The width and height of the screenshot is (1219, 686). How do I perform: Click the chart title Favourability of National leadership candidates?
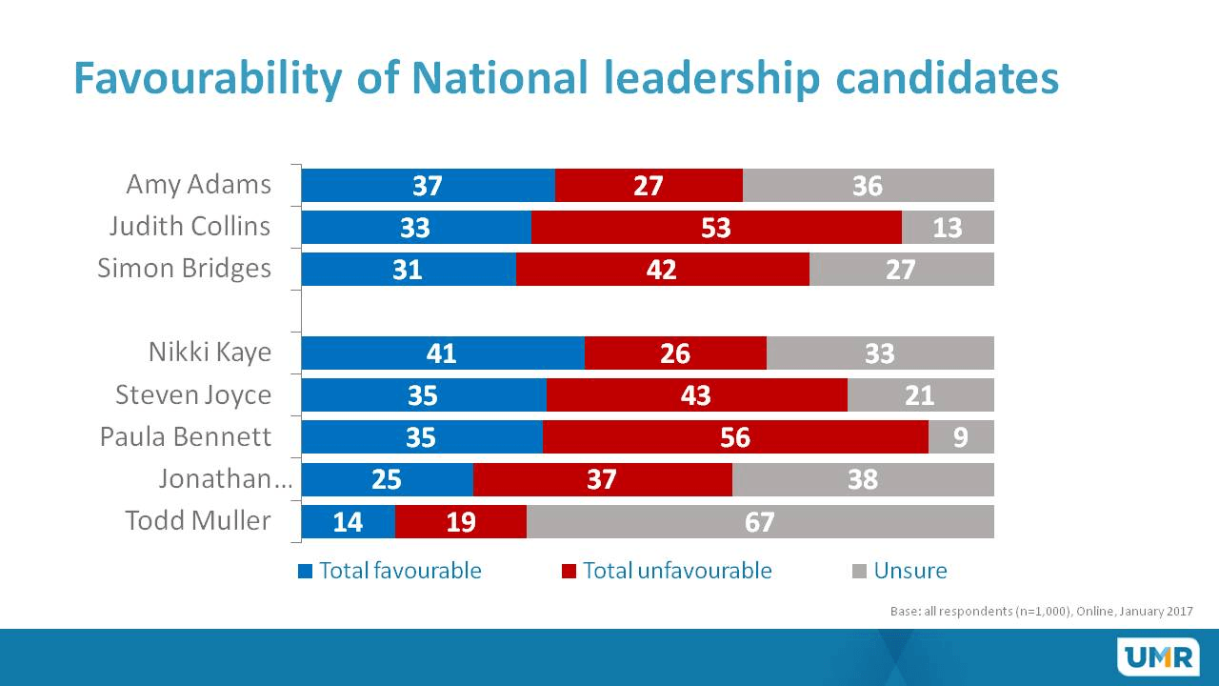(566, 79)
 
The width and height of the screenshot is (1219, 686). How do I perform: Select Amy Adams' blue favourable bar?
(428, 185)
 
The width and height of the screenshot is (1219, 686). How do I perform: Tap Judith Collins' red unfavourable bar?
(716, 227)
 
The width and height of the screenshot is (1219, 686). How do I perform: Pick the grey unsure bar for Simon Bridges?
(901, 269)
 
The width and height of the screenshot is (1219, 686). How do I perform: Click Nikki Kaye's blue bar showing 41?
(443, 353)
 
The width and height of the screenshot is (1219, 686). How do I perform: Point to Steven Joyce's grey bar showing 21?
(920, 394)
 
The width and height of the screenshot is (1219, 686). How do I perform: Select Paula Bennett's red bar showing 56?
(735, 436)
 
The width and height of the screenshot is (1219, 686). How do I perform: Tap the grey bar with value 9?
(961, 436)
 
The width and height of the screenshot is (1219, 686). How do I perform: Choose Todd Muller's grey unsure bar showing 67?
(760, 521)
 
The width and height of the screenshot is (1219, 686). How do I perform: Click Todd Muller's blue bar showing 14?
(348, 521)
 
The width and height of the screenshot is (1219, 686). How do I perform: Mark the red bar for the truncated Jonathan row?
(602, 479)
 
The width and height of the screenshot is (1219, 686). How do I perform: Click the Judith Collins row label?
(190, 227)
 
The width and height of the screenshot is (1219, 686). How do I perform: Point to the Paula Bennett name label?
(186, 436)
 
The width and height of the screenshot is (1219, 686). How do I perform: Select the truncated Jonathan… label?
(225, 479)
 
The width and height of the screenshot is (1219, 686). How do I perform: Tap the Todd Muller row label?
(198, 521)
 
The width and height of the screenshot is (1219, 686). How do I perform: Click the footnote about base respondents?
(1041, 611)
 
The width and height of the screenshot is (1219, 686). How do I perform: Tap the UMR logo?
(1151, 656)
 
